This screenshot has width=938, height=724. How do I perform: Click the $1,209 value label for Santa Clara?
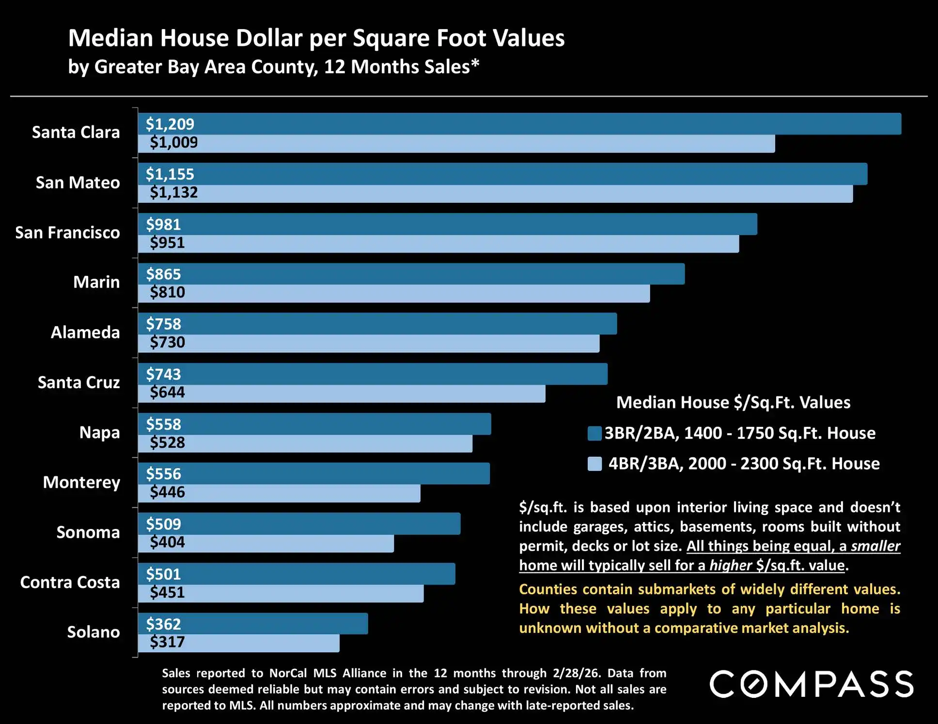click(170, 124)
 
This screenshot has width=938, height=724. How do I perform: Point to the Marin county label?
click(96, 282)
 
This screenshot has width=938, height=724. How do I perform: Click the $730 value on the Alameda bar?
click(167, 342)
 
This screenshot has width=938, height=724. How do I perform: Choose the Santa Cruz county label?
click(79, 382)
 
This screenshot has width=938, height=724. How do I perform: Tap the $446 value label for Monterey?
click(167, 492)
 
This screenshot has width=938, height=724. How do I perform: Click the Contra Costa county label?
click(70, 582)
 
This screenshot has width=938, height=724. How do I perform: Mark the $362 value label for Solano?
click(163, 624)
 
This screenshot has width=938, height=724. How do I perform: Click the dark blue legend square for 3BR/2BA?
click(594, 433)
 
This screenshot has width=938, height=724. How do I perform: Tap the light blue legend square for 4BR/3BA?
click(594, 464)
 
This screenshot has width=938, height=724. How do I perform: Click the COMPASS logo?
click(812, 684)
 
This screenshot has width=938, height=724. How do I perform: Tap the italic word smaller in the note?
click(875, 546)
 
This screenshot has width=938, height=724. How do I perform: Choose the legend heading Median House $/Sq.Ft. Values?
click(733, 403)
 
